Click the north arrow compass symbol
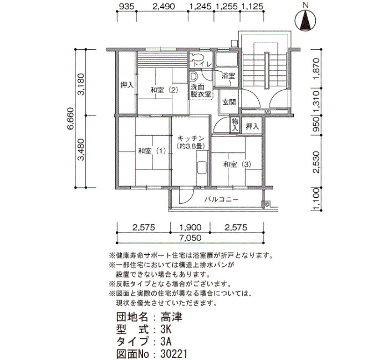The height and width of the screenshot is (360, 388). [x=305, y=20]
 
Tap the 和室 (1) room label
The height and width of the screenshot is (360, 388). [x=152, y=151]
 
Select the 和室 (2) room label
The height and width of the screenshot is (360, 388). [x=164, y=90]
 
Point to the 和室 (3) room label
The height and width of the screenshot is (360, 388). [x=237, y=164]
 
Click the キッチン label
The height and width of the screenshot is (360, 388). [x=191, y=138]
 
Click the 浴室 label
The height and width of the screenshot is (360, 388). [x=228, y=76]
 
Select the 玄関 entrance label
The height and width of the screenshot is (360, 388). [x=229, y=102]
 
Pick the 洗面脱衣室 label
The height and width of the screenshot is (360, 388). [x=201, y=90]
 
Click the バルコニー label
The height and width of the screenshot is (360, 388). [x=222, y=199]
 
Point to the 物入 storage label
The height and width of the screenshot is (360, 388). [x=234, y=125]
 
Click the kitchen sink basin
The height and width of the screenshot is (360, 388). [x=202, y=168]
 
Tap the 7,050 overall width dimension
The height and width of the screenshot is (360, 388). [x=190, y=238]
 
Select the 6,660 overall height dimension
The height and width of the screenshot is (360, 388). [x=70, y=118]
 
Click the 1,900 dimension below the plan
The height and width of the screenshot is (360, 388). [x=190, y=227]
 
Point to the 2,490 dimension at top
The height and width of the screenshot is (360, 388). [x=164, y=7]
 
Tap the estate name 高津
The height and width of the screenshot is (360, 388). [x=171, y=317]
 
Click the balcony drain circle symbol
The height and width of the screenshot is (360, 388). [x=267, y=204]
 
